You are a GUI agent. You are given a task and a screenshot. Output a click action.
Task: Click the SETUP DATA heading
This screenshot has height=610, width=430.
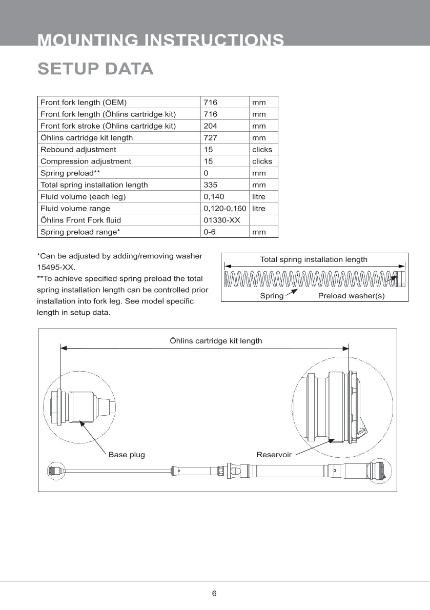pyautogui.click(x=95, y=69)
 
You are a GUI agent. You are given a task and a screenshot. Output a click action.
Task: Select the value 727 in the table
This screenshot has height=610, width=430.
pyautogui.click(x=210, y=137)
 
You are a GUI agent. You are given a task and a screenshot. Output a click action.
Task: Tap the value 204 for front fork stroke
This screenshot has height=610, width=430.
pyautogui.click(x=210, y=126)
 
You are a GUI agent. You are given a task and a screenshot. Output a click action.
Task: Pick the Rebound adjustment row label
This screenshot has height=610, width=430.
pyautogui.click(x=78, y=149)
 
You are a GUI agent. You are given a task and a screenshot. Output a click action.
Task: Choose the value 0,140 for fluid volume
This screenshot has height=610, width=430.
pyautogui.click(x=214, y=196)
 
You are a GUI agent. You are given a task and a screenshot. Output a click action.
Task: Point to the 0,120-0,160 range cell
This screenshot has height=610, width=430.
pyautogui.click(x=225, y=208)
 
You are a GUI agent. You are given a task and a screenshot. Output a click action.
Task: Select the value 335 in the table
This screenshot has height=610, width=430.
pyautogui.click(x=210, y=185)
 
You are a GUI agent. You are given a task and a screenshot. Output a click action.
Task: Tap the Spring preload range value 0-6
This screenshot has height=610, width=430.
pyautogui.click(x=209, y=232)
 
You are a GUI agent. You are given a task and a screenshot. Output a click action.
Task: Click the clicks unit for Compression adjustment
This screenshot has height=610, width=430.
pyautogui.click(x=262, y=161)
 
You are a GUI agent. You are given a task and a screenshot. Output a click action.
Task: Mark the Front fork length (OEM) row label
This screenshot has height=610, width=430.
pyautogui.click(x=84, y=102)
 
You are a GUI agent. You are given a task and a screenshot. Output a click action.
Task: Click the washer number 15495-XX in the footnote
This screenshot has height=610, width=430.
pyautogui.click(x=56, y=267)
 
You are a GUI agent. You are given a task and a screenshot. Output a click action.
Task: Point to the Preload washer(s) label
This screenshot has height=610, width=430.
pyautogui.click(x=351, y=296)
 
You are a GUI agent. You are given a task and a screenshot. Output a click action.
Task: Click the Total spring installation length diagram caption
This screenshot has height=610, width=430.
pyautogui.click(x=314, y=259)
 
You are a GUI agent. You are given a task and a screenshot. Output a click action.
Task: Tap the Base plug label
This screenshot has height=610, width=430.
pyautogui.click(x=127, y=454)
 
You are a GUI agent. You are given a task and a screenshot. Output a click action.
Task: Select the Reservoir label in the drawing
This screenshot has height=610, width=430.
pyautogui.click(x=274, y=454)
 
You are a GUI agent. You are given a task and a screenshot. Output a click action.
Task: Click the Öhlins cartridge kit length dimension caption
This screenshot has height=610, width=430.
pyautogui.click(x=216, y=340)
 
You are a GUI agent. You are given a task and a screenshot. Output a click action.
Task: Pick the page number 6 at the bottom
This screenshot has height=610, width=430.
pyautogui.click(x=214, y=594)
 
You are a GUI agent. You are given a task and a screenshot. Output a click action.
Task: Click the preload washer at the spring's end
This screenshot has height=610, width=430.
pyautogui.click(x=401, y=279)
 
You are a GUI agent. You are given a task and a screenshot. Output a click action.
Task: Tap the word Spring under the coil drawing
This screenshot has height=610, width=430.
pyautogui.click(x=272, y=296)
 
